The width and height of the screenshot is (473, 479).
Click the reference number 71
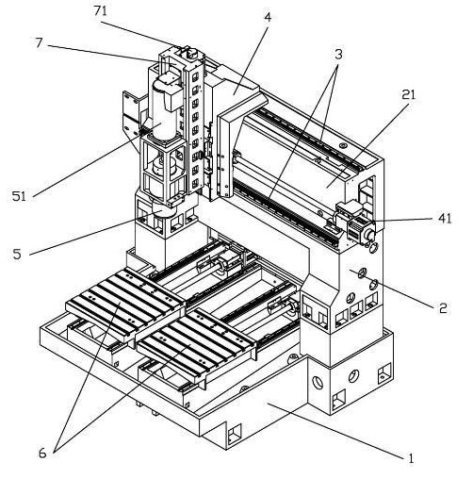[101, 11]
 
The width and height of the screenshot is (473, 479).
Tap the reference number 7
[39, 42]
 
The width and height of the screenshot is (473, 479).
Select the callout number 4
[268, 17]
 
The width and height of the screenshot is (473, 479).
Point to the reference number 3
[338, 54]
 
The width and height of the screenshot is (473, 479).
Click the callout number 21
[408, 94]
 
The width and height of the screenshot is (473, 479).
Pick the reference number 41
[445, 218]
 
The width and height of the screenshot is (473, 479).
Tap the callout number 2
[443, 308]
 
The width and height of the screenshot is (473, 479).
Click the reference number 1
[411, 458]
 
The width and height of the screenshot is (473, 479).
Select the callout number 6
[42, 453]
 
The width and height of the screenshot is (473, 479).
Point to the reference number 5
[17, 254]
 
